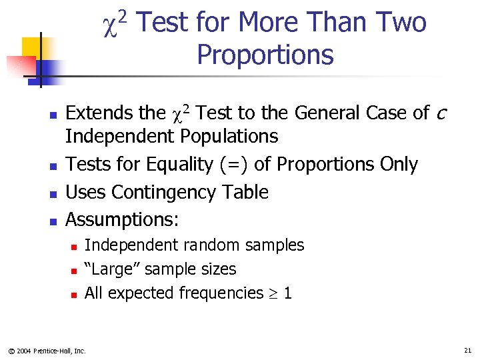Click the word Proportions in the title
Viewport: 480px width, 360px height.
click(x=265, y=55)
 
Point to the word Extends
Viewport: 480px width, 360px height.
click(x=96, y=113)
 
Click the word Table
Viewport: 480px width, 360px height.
click(x=245, y=193)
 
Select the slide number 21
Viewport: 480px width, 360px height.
click(x=466, y=350)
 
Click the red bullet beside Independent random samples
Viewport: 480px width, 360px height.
click(x=74, y=247)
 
